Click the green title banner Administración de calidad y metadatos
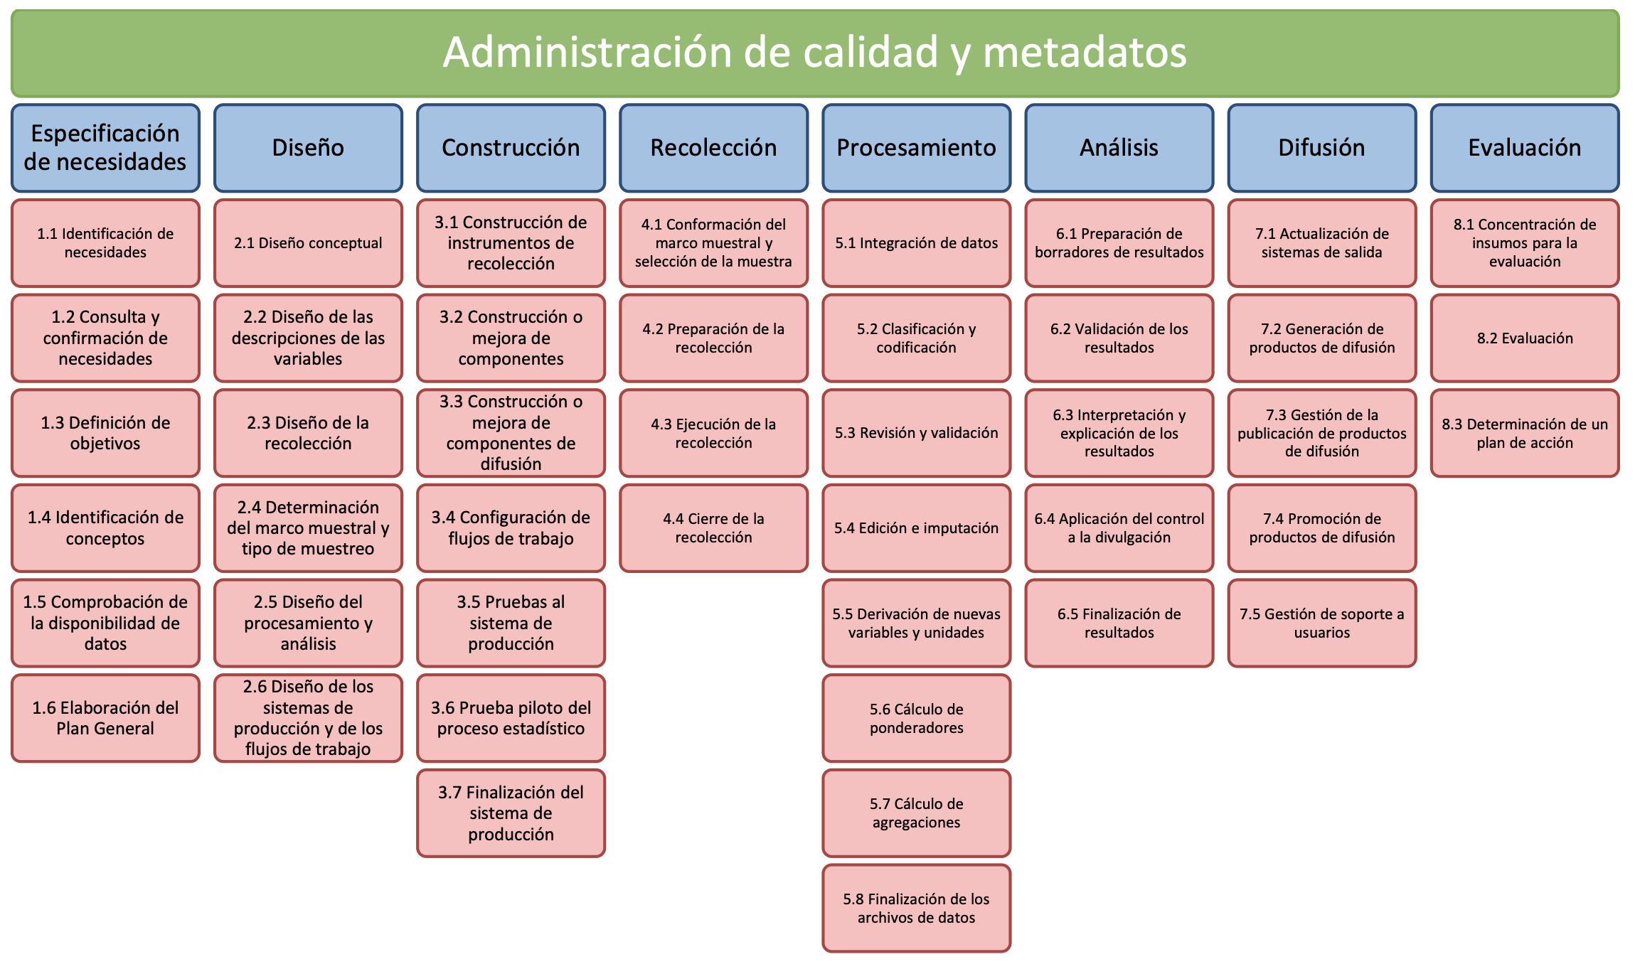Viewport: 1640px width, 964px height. (x=815, y=53)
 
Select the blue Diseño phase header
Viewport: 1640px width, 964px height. (x=308, y=148)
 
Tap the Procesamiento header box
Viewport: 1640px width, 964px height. (x=916, y=148)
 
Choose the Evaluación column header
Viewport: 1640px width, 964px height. (x=1525, y=148)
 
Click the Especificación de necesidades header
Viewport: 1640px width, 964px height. (x=105, y=148)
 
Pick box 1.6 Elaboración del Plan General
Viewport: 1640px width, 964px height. (x=105, y=718)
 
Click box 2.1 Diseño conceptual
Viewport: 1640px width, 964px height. (x=308, y=243)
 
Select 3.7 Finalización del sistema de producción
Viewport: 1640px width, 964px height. (x=511, y=813)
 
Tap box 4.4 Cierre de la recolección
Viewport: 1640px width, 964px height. (x=713, y=528)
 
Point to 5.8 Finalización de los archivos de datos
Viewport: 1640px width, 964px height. (x=916, y=908)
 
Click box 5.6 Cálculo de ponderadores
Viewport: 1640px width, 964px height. (x=916, y=718)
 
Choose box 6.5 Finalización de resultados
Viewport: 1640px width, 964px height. (x=1119, y=623)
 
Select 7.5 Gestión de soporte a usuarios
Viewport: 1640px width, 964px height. (x=1322, y=623)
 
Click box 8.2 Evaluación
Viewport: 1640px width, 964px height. (x=1525, y=338)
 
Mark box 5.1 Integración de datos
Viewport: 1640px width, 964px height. (x=916, y=243)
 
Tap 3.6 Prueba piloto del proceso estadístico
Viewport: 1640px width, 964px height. (x=511, y=718)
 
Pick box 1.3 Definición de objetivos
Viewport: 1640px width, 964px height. (x=105, y=433)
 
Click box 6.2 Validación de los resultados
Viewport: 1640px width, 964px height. (x=1119, y=338)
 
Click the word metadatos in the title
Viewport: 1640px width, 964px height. (x=1085, y=53)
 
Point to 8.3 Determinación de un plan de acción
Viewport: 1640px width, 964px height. (x=1525, y=433)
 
